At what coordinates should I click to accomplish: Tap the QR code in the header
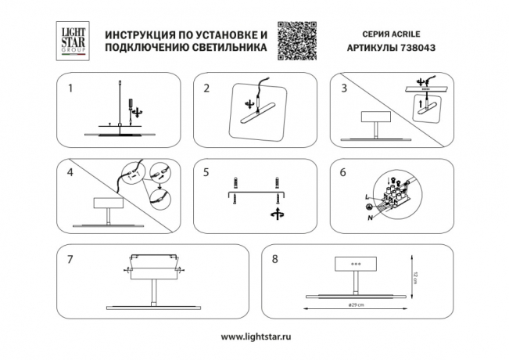pyautogui.click(x=299, y=41)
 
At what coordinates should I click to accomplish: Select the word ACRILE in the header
pyautogui.click(x=408, y=35)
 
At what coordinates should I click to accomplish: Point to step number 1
pyautogui.click(x=70, y=88)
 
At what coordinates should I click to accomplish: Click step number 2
pyautogui.click(x=206, y=88)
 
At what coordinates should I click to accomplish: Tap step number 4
pyautogui.click(x=70, y=171)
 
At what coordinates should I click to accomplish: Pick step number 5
pyautogui.click(x=206, y=171)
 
